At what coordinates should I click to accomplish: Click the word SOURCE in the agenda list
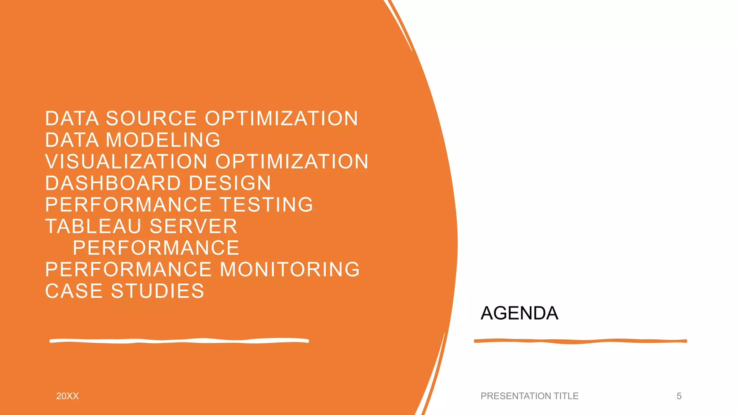[x=151, y=119]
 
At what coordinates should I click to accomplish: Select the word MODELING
[x=163, y=140]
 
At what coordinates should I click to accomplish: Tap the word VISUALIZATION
[x=126, y=161]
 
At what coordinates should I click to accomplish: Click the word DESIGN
[x=230, y=183]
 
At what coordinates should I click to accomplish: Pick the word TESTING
[x=266, y=205]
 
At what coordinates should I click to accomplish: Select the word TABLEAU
[x=93, y=226]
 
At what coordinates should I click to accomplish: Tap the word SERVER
[x=193, y=226]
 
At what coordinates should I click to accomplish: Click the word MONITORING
[x=290, y=269]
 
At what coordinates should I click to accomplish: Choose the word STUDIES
[x=157, y=291]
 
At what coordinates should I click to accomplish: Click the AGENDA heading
[x=519, y=313]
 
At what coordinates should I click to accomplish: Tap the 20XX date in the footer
[x=67, y=396]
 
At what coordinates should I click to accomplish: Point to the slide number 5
[x=679, y=396]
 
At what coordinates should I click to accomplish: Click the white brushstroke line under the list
[x=179, y=341]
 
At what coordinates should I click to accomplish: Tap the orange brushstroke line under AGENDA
[x=580, y=341]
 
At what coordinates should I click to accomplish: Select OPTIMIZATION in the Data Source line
[x=281, y=119]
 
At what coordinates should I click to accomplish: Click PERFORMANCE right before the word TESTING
[x=128, y=205]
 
